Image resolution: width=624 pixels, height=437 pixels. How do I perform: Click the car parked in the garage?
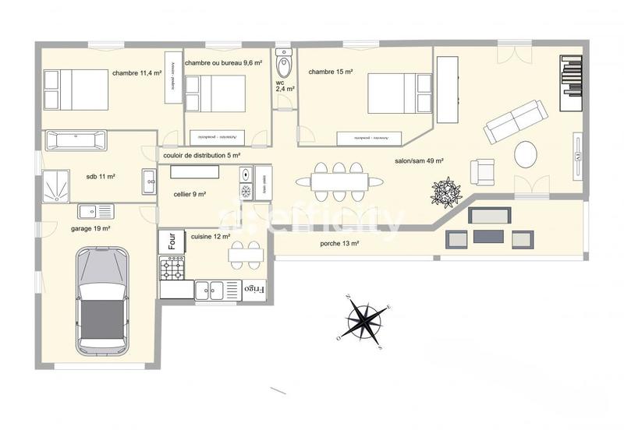pyautogui.click(x=101, y=299)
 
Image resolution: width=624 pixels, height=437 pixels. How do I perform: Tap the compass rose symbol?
pyautogui.click(x=364, y=319)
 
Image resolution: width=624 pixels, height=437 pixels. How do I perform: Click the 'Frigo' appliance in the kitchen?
pyautogui.click(x=254, y=289)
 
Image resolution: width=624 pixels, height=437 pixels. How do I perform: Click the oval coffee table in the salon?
pyautogui.click(x=525, y=153)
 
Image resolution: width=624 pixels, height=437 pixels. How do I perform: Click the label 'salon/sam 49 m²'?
pyautogui.click(x=419, y=161)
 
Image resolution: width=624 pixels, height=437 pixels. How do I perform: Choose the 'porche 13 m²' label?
pyautogui.click(x=339, y=244)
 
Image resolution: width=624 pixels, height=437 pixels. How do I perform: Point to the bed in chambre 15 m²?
pyautogui.click(x=399, y=93)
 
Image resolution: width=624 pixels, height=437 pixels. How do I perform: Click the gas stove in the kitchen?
pyautogui.click(x=172, y=269)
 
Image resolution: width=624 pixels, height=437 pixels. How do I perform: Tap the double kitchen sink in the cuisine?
pyautogui.click(x=208, y=290)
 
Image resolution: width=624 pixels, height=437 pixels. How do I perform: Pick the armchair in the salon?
pyautogui.click(x=482, y=171)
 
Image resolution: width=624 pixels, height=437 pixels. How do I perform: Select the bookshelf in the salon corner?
pyautogui.click(x=571, y=76)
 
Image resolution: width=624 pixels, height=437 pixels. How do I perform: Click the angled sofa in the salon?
pyautogui.click(x=515, y=121)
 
